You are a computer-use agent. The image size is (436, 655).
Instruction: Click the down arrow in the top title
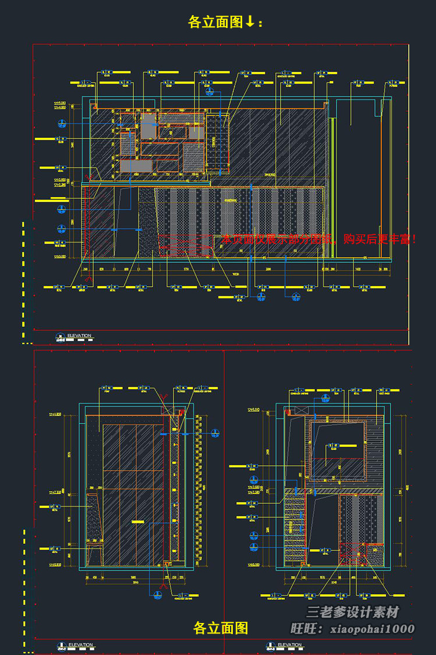[x=250, y=22]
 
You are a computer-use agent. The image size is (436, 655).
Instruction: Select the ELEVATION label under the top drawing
[x=79, y=336]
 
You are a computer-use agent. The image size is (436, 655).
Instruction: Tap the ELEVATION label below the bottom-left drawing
[x=80, y=645]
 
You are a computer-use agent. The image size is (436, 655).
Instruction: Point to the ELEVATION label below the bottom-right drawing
[x=289, y=645]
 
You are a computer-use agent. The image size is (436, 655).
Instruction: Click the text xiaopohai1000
[x=372, y=629]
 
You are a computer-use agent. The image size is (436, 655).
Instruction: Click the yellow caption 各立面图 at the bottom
[x=221, y=628]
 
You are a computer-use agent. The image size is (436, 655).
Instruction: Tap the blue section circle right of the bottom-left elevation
[x=216, y=433]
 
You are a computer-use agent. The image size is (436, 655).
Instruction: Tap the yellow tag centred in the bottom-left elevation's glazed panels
[x=137, y=522]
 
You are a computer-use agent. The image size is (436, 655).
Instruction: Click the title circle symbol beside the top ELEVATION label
[x=60, y=336]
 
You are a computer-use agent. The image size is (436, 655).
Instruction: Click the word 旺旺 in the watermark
[x=303, y=629]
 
